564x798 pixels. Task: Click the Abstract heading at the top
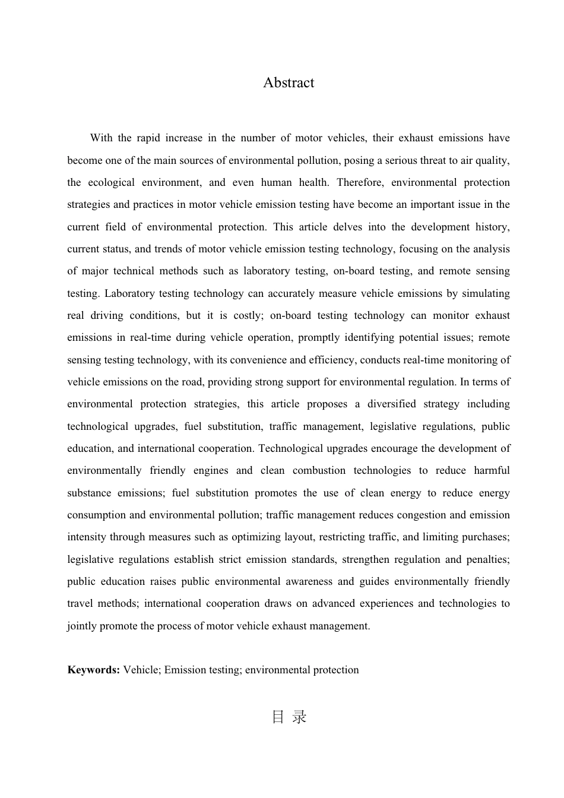(x=289, y=83)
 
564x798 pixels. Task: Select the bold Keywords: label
(x=94, y=670)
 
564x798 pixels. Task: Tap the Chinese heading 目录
(x=289, y=717)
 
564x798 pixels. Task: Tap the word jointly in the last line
(x=81, y=626)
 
